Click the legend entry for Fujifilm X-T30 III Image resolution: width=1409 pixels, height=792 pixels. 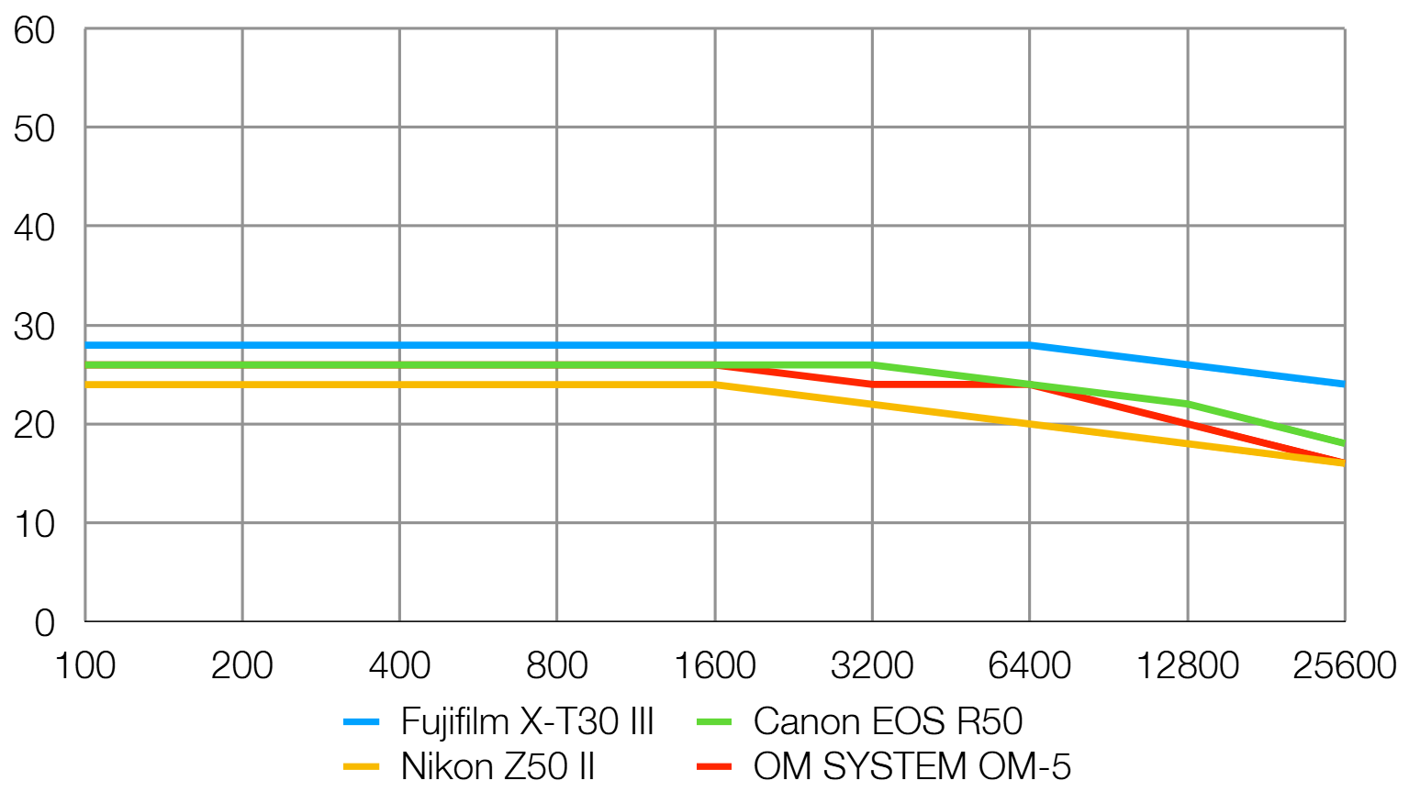527,722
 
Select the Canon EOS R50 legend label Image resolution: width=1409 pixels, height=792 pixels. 887,722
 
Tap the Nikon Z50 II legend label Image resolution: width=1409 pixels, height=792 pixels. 498,766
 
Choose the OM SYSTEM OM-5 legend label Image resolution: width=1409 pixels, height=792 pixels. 911,766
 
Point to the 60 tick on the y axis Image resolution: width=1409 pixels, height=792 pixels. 34,31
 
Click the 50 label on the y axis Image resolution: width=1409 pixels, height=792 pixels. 34,129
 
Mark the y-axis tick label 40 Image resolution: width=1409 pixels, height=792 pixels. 34,228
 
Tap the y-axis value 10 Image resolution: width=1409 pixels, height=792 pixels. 34,525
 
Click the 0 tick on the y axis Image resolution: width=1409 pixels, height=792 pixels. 44,624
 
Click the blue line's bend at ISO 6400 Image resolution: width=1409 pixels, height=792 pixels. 1029,345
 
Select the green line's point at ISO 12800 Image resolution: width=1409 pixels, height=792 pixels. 1188,404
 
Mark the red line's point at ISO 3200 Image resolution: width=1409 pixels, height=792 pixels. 872,385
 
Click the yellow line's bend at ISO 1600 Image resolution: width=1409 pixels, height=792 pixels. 715,385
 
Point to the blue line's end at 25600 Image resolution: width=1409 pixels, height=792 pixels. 1344,385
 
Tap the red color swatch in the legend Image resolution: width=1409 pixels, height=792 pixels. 714,766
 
